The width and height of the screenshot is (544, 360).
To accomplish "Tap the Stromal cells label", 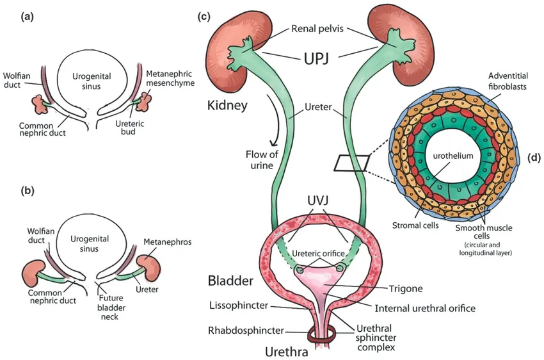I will pos(412,226).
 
